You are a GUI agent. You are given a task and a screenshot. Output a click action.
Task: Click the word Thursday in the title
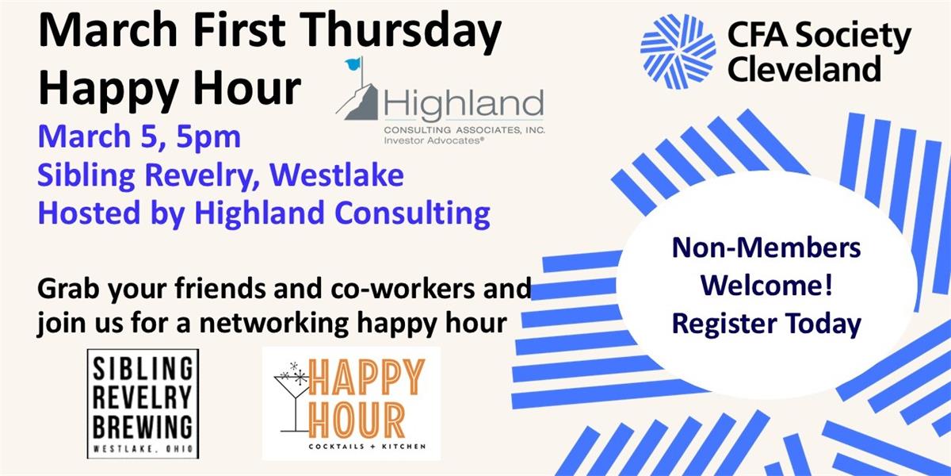point(403,31)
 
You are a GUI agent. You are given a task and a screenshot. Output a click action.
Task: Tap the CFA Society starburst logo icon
point(678,52)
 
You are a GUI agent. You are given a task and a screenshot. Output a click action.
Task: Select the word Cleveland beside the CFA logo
point(804,69)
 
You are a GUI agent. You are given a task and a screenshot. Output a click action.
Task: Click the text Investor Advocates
point(434,140)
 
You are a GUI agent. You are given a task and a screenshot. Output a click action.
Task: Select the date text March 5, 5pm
point(139,136)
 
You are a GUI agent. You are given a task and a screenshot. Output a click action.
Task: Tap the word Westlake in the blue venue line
point(336,175)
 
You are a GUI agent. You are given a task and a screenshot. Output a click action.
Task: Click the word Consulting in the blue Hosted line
point(412,213)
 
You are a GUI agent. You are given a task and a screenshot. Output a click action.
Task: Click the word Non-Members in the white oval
point(766,248)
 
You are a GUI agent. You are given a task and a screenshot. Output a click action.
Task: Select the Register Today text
point(766,324)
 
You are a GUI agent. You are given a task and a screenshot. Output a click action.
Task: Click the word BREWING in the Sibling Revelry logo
point(143,426)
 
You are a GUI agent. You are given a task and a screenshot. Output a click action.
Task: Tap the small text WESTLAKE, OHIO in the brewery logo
point(143,449)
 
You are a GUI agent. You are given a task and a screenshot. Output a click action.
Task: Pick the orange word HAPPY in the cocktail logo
point(366,377)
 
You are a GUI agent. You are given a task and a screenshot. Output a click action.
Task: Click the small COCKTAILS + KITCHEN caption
point(367,447)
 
